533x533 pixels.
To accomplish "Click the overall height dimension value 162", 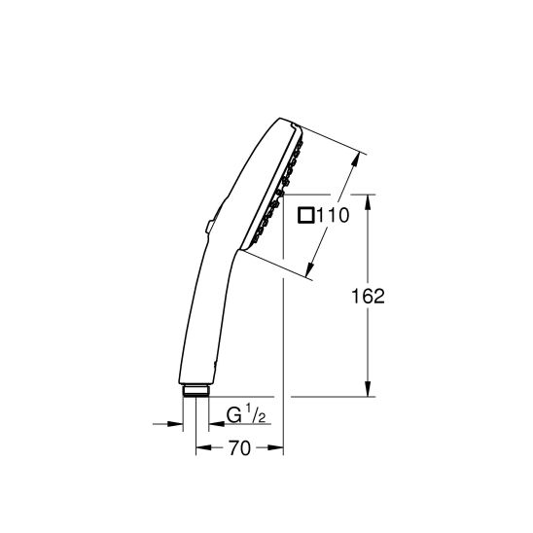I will point(369,297).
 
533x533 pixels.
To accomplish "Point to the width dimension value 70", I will point(239,448).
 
